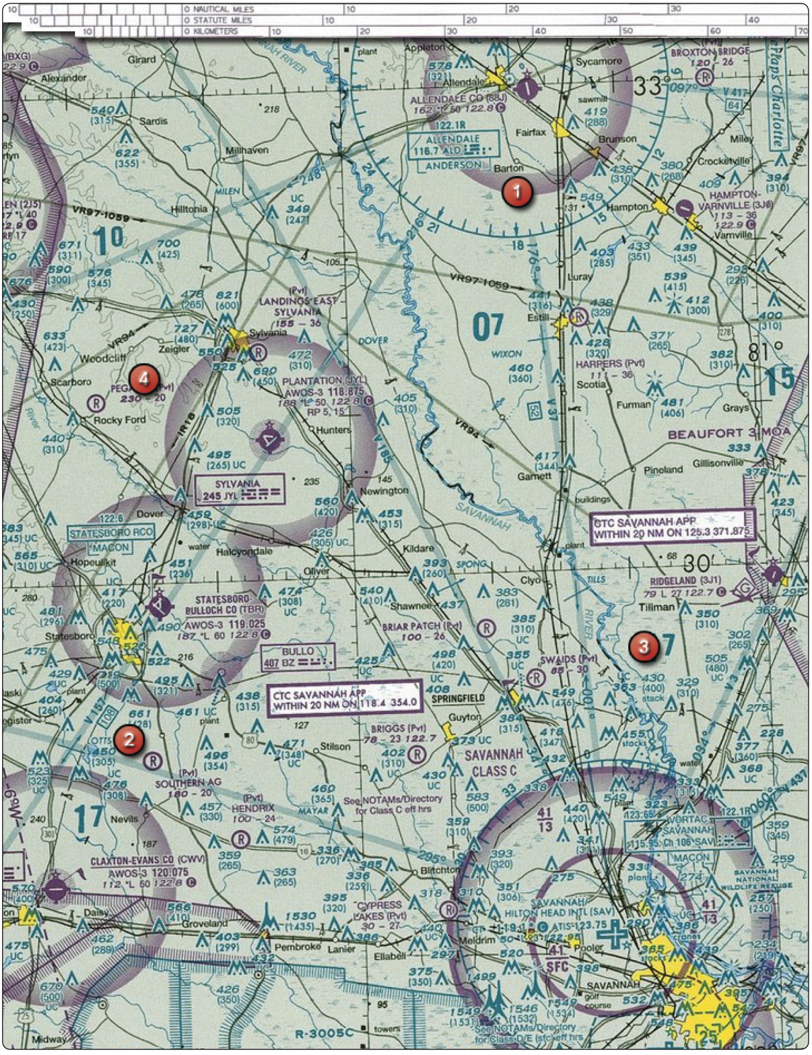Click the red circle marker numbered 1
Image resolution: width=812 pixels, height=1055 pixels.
[517, 193]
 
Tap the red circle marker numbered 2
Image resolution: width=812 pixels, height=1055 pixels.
[129, 740]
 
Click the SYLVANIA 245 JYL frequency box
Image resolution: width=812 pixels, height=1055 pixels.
[239, 489]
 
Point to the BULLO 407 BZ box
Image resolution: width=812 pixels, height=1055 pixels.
[297, 657]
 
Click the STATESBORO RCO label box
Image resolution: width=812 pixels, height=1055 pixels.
[111, 533]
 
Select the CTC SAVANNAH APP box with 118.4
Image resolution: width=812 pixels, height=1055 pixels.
[344, 699]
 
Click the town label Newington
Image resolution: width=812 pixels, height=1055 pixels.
[384, 491]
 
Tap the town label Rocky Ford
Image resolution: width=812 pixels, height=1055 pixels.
[119, 420]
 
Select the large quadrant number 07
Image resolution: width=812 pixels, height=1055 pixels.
[487, 327]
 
